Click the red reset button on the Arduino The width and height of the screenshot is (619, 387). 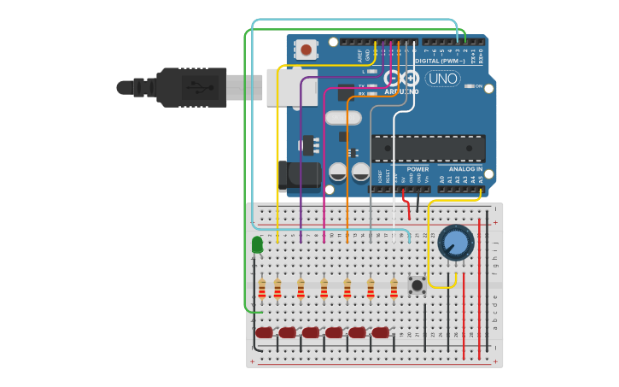(307, 50)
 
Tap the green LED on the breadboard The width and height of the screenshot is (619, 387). (258, 246)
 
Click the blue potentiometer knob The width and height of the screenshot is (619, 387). (456, 243)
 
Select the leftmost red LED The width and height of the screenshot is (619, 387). (264, 332)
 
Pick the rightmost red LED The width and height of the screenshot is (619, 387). (380, 332)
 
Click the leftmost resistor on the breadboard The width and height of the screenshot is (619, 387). (262, 289)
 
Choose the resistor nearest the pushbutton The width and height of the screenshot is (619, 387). (394, 289)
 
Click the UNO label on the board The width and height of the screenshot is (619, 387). (442, 79)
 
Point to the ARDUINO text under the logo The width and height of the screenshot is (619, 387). (401, 91)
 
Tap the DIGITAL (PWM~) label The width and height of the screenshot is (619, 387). (440, 62)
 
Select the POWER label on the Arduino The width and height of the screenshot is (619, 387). (418, 169)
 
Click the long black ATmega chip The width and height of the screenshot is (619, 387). (428, 148)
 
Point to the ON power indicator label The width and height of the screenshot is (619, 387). (478, 86)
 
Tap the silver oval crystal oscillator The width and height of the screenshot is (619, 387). (342, 117)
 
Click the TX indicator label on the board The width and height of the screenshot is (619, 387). (361, 85)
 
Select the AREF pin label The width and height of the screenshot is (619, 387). (359, 54)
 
